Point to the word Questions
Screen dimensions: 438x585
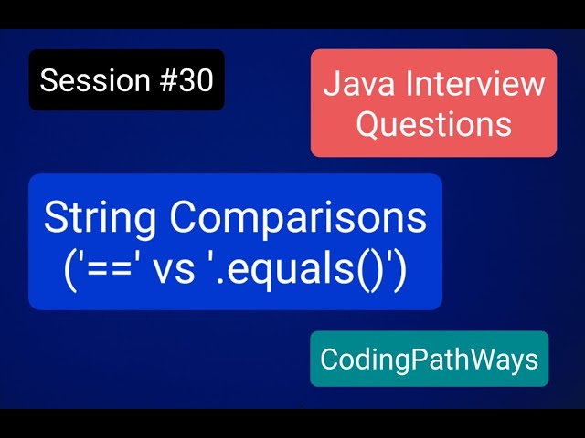(433, 122)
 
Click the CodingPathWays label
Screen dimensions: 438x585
(429, 360)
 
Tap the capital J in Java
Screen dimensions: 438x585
(331, 84)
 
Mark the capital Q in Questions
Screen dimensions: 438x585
(367, 122)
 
